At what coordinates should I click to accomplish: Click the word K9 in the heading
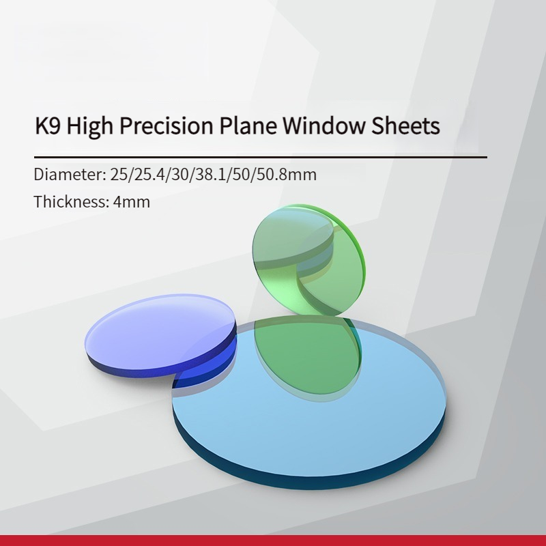tap(47, 125)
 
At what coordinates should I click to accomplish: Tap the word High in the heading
tap(90, 126)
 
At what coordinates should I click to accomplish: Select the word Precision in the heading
tap(166, 126)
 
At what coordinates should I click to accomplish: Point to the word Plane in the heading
tap(248, 125)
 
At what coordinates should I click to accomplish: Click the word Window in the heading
tap(323, 125)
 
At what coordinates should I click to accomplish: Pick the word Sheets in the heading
tap(405, 125)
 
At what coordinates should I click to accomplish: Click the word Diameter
tap(70, 174)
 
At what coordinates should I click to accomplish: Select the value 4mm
tap(132, 202)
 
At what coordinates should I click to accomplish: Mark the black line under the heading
tap(261, 158)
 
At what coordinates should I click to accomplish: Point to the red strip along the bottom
tap(273, 541)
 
